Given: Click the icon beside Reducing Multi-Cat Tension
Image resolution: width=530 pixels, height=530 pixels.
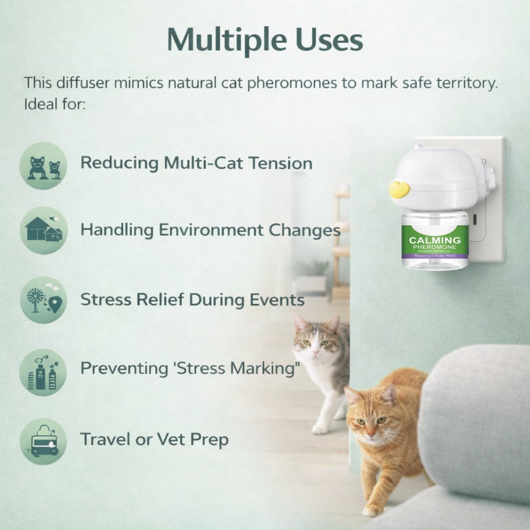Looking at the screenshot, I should [44, 166].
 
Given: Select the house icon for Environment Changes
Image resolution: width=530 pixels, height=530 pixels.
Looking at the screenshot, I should [44, 230].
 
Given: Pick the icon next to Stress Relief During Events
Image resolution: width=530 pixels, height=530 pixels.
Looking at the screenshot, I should [44, 300].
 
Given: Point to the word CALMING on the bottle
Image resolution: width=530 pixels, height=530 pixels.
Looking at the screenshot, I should [435, 240].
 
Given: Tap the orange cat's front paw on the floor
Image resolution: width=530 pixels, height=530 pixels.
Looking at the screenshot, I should [371, 511].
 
